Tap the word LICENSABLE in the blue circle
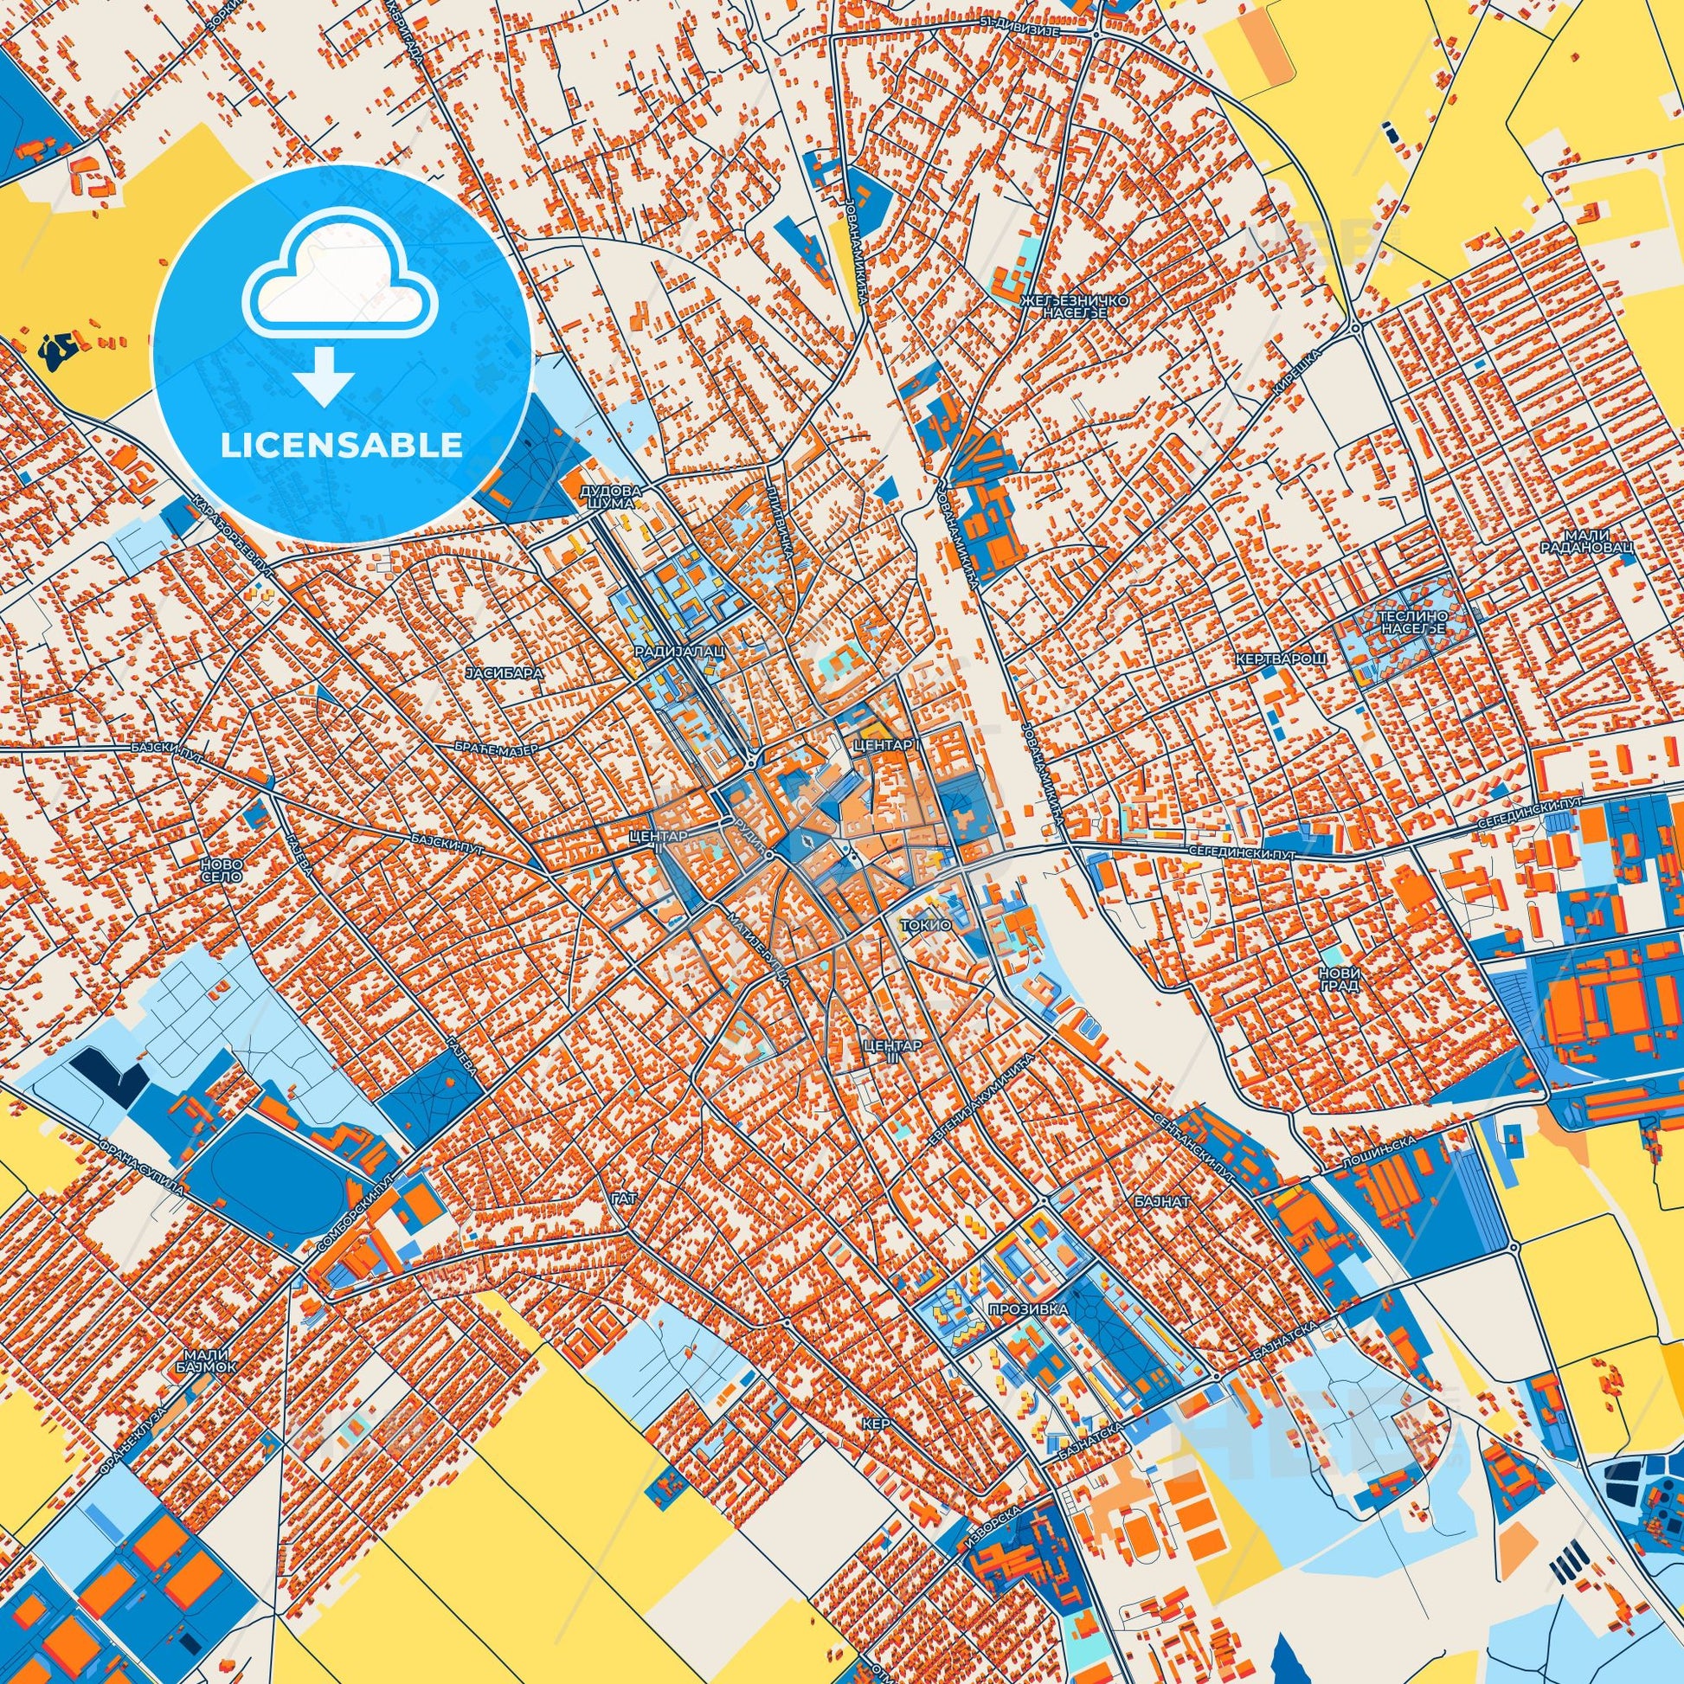pos(342,446)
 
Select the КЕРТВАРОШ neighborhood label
pos(1281,659)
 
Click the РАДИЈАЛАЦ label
pos(665,651)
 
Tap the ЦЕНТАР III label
pos(890,1051)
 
